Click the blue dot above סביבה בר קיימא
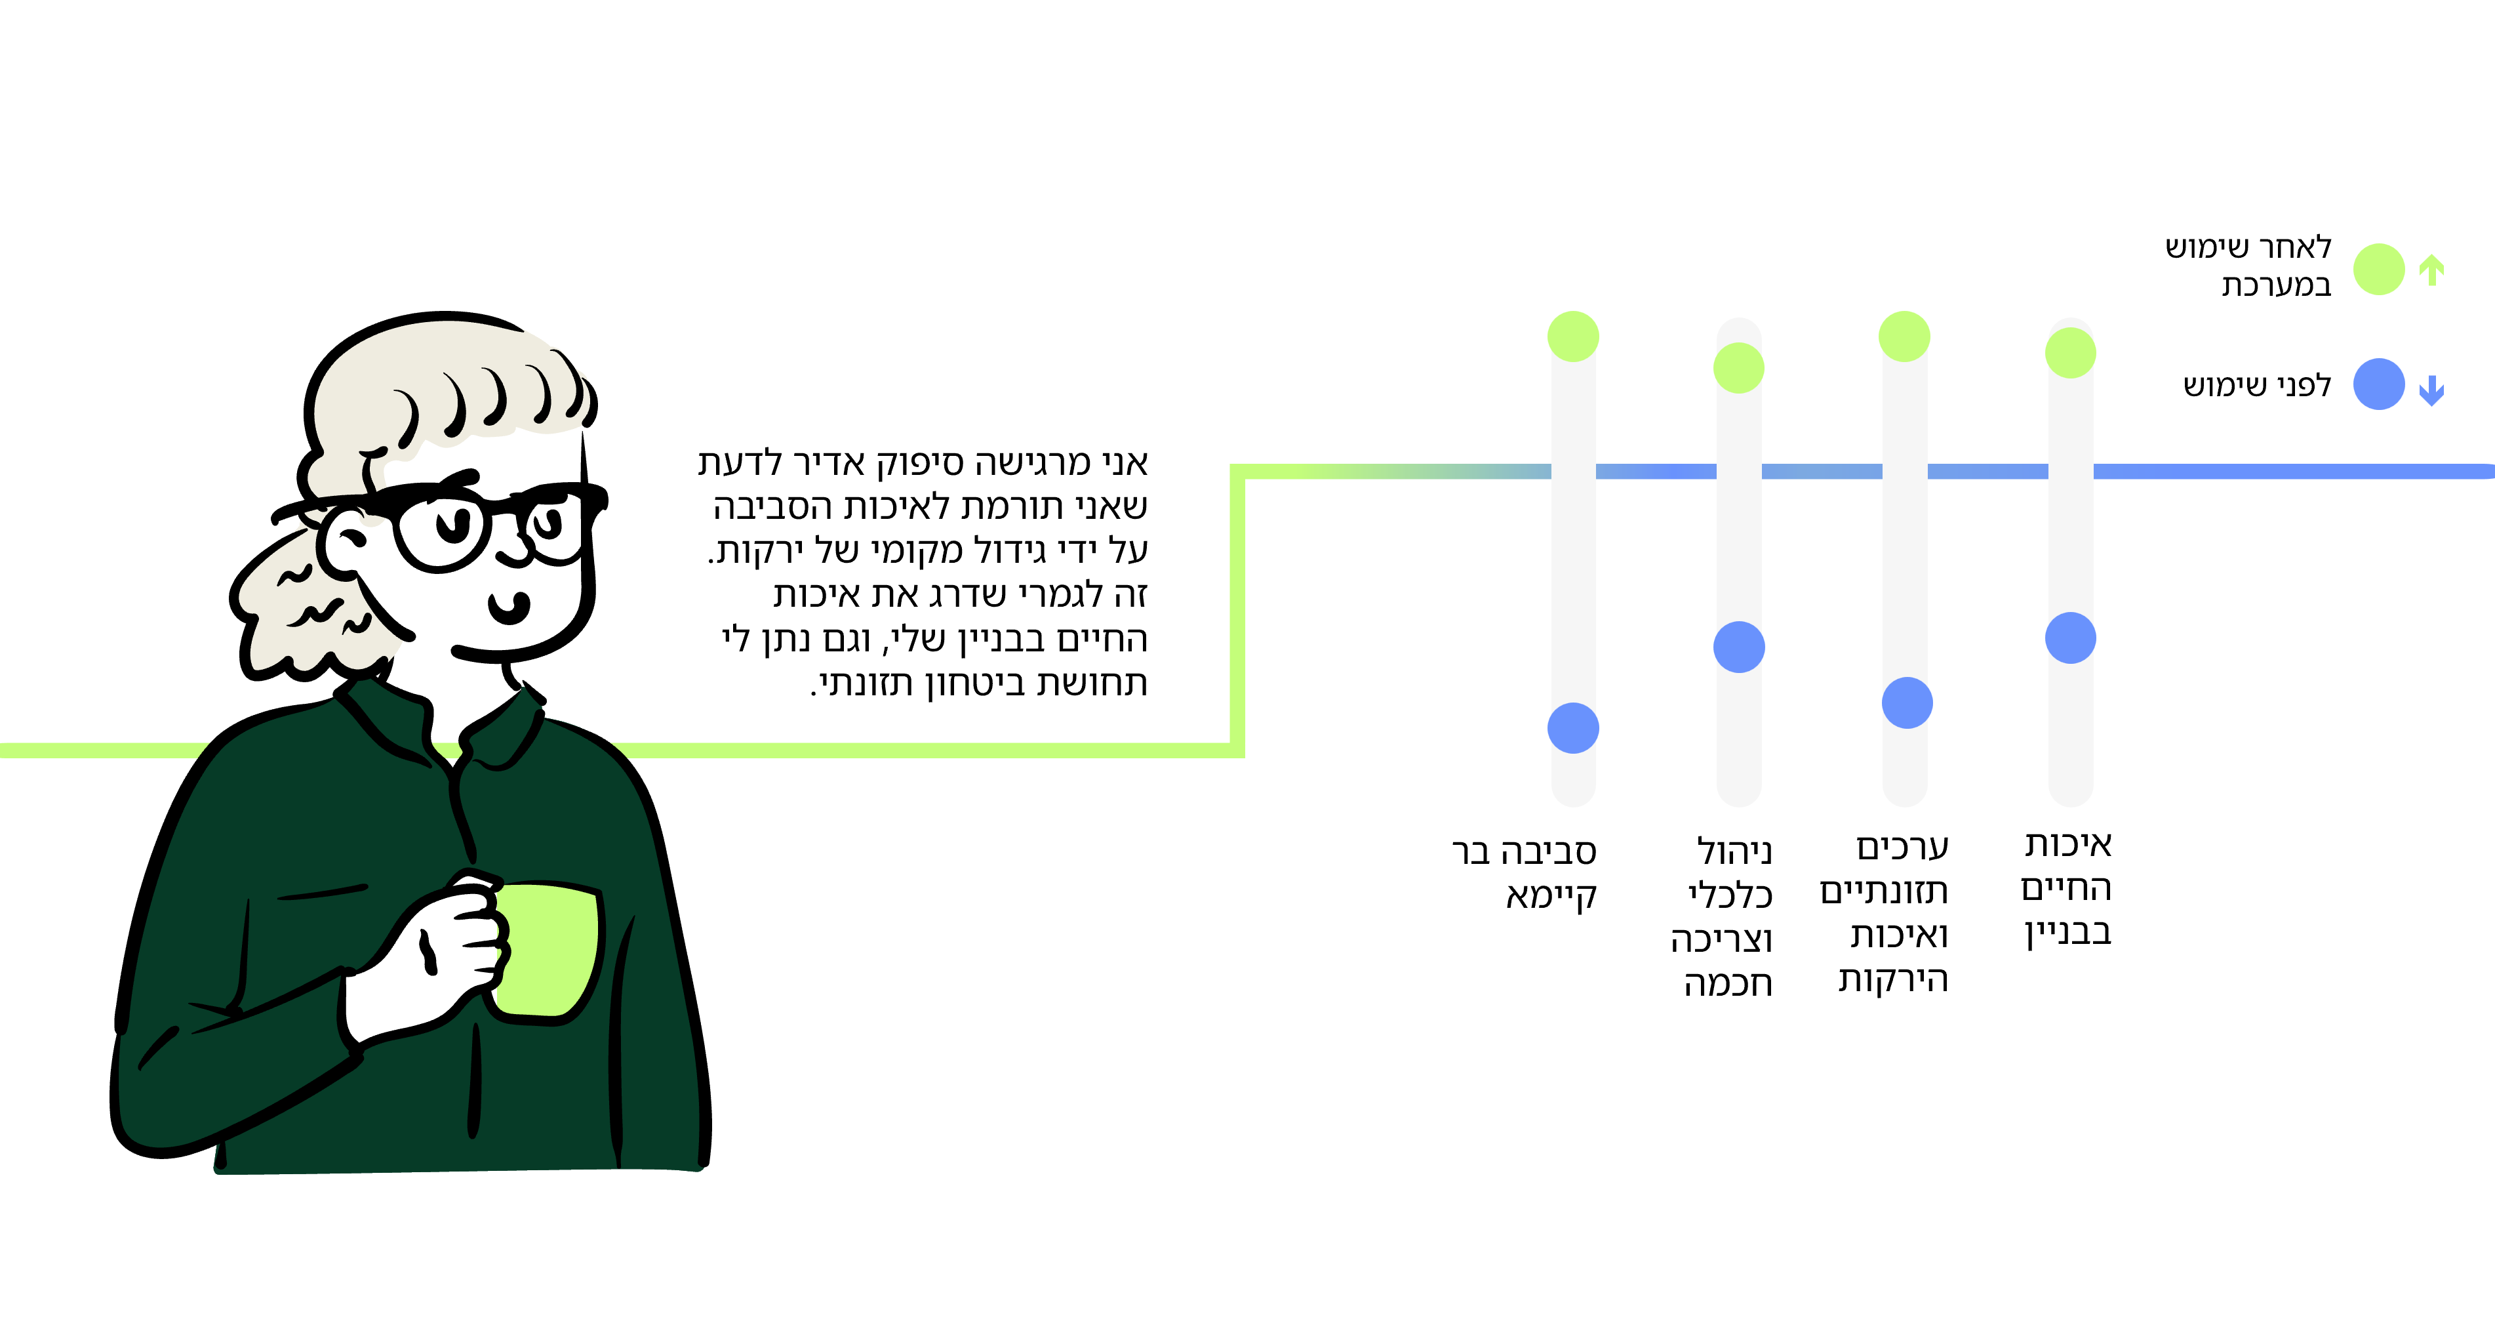1573,727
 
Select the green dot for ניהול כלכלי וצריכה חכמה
1738,367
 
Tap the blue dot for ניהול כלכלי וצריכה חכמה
1738,646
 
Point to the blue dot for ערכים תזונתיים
1907,703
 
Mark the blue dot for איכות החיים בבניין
2071,638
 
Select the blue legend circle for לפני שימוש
2379,384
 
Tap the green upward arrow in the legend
2431,270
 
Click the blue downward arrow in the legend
2431,390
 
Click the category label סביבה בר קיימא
1525,872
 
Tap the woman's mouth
508,608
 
